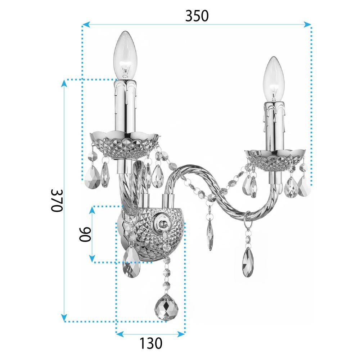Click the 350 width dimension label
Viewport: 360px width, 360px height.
tap(197, 15)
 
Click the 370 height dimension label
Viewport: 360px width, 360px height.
tap(57, 201)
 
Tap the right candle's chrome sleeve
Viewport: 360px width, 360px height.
tap(275, 126)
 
